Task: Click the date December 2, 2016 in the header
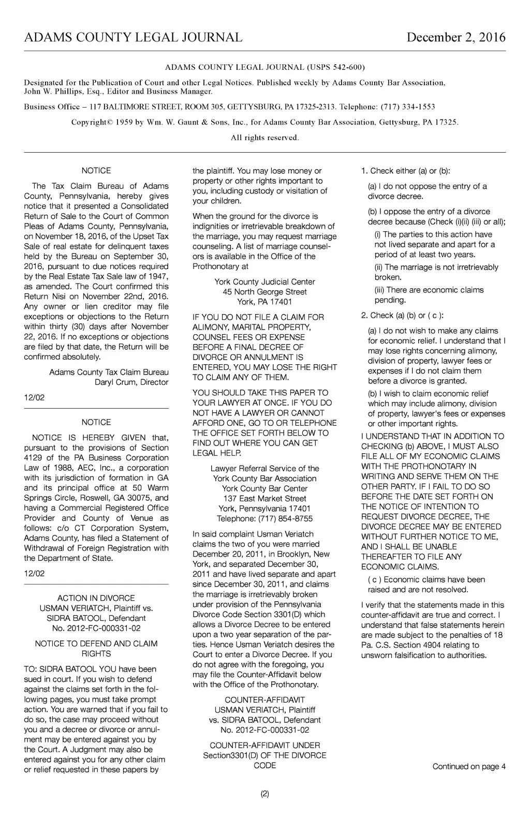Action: [x=455, y=38]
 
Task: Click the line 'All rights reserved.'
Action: [x=264, y=138]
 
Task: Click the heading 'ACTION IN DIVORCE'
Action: [x=96, y=598]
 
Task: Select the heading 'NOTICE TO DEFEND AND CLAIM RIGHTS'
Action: [x=96, y=649]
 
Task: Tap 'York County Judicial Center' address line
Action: [x=264, y=282]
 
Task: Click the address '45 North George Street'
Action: [x=264, y=292]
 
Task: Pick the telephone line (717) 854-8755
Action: [x=264, y=518]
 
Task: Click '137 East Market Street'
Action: [x=264, y=499]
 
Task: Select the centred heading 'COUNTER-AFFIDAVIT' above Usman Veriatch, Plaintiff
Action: [x=264, y=700]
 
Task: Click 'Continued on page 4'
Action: [x=469, y=767]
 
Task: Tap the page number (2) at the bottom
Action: [x=264, y=794]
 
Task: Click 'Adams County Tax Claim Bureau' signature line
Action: [x=109, y=373]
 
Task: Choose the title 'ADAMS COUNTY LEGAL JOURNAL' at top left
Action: [x=133, y=38]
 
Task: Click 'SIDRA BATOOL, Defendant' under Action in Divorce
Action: [x=96, y=618]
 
